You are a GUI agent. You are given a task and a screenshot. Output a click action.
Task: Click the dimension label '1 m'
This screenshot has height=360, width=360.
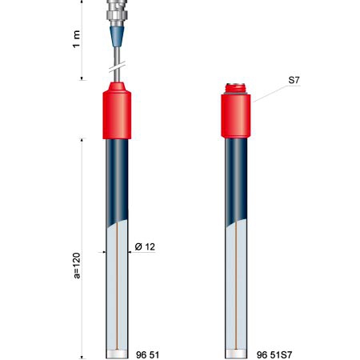pos(77,39)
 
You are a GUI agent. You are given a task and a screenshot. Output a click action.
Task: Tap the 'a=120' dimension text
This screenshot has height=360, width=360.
pos(77,266)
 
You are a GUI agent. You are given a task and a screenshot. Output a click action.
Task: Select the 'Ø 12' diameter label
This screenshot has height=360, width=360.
pos(145,246)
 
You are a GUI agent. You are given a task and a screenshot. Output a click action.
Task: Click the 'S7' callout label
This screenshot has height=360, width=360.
pos(294,80)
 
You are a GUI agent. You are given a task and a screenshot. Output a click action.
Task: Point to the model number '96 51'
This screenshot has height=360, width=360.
pos(147,354)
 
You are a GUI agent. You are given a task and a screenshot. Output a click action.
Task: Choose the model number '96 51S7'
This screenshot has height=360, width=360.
pos(274,354)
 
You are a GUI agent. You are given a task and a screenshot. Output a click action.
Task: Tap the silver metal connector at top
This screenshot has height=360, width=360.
pos(117,13)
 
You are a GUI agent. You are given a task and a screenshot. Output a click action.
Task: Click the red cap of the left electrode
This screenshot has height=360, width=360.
pos(117,110)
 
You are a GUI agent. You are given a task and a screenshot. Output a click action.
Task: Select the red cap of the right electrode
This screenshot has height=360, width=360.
pos(236,116)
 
